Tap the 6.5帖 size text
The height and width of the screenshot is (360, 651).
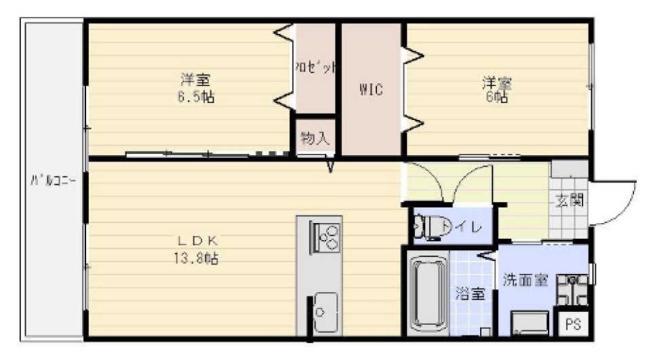196,97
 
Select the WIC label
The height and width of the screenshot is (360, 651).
371,89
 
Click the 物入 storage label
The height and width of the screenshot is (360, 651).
315,139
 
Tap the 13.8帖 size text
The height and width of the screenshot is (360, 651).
197,258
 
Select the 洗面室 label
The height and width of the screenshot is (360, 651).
524,281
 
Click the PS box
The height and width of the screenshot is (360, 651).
572,324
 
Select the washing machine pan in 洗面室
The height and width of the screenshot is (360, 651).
531,323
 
